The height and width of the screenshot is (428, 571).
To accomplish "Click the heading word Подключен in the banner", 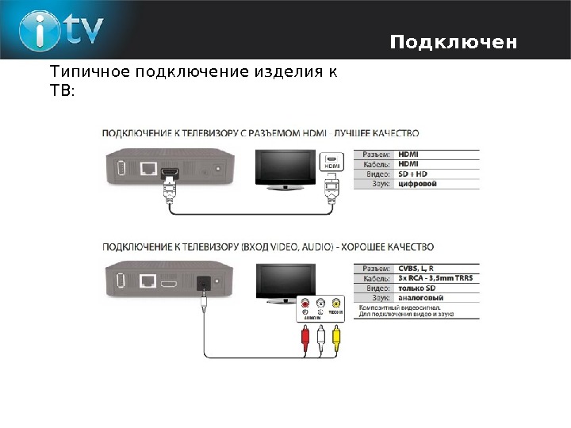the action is (x=453, y=41).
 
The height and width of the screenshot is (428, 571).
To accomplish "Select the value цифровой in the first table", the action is (x=417, y=183).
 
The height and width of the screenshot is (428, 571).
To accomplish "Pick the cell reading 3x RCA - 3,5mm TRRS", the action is (x=434, y=278).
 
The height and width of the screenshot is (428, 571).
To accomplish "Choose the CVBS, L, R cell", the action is (x=416, y=268).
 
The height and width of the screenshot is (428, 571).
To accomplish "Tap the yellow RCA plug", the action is (x=336, y=340).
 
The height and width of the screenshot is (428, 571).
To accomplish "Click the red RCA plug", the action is (x=305, y=340).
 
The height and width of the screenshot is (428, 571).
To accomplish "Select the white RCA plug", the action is (x=320, y=340).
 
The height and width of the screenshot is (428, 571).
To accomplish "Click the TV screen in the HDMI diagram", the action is (x=284, y=166).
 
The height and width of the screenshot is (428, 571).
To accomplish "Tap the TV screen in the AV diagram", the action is (x=284, y=281).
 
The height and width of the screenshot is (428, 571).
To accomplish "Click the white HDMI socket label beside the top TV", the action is (x=331, y=162).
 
